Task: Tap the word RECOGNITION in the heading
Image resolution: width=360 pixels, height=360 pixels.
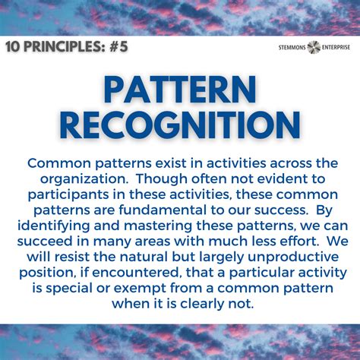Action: (179, 126)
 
